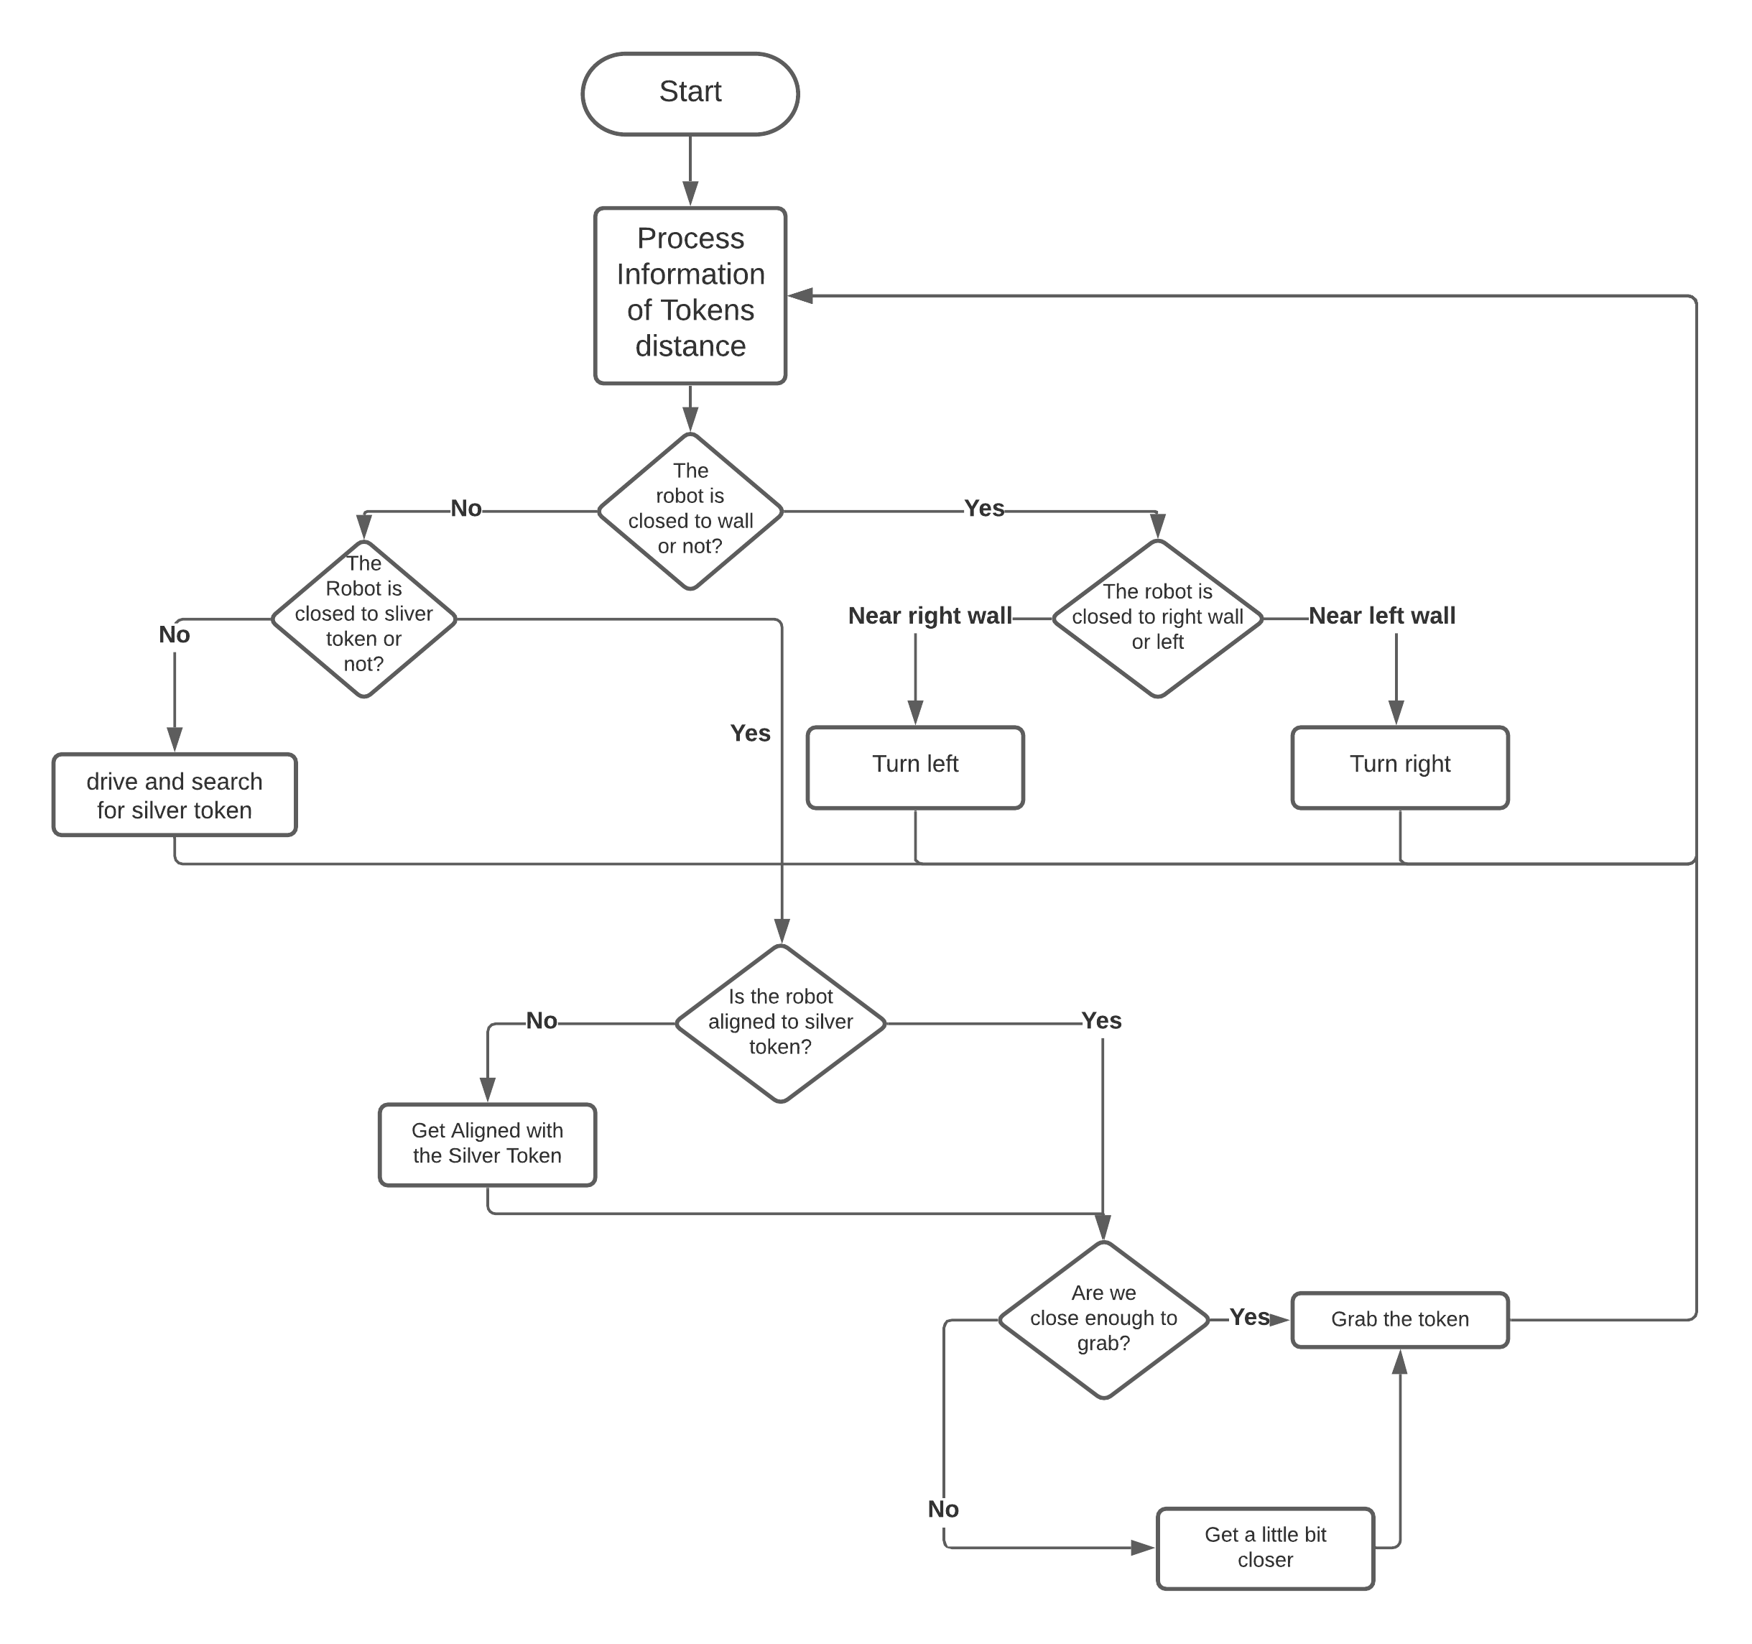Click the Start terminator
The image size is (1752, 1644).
[x=690, y=93]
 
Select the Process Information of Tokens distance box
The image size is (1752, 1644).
[x=690, y=295]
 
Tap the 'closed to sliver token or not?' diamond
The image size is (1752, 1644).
[x=364, y=619]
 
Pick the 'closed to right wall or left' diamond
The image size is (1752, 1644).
[x=1158, y=618]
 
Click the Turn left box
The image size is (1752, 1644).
[x=914, y=767]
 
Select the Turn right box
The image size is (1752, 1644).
[x=1399, y=767]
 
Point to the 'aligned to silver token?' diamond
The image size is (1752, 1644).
[x=780, y=1022]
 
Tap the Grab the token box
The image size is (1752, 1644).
[x=1399, y=1320]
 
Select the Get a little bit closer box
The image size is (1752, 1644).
[x=1265, y=1548]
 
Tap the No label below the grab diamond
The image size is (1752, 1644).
[x=943, y=1508]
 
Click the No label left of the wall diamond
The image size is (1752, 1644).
[x=466, y=508]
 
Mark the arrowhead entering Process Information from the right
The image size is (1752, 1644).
[x=800, y=296]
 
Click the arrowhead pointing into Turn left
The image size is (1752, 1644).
[x=914, y=712]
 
